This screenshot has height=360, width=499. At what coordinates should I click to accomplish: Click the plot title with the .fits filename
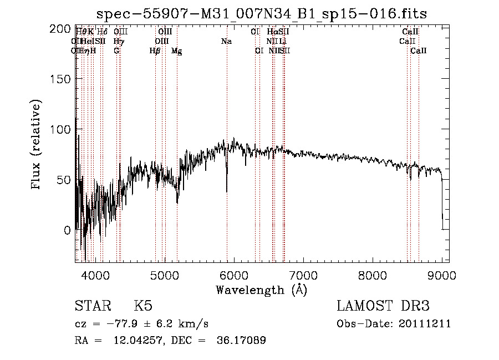coord(261,13)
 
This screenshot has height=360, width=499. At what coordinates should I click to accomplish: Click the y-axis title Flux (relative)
coord(37,145)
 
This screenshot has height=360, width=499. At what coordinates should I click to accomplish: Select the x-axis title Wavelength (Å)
coord(261,290)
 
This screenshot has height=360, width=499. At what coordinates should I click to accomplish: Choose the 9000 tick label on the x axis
coord(442,275)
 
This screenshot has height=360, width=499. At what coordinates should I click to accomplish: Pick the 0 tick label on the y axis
coord(67,230)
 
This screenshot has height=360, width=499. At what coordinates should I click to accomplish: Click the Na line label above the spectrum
coord(226,42)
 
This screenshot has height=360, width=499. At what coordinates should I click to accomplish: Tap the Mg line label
coord(177,51)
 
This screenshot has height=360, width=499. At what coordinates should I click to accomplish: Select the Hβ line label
coord(155,51)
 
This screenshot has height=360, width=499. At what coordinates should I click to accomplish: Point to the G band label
coord(116,51)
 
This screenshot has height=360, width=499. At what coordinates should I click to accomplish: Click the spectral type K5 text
coord(143,306)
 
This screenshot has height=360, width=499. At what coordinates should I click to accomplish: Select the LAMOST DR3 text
coord(383,306)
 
